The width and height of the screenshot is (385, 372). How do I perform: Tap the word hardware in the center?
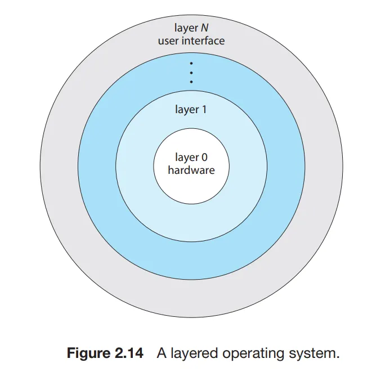click(191, 169)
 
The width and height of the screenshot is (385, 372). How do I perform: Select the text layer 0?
click(191, 158)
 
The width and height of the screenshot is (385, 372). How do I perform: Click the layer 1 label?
click(191, 110)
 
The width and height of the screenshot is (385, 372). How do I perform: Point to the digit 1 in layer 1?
click(204, 110)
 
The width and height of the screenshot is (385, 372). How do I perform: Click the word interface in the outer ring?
click(204, 41)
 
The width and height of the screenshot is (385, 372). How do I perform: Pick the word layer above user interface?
click(185, 28)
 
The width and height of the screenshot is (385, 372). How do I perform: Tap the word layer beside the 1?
click(186, 110)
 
